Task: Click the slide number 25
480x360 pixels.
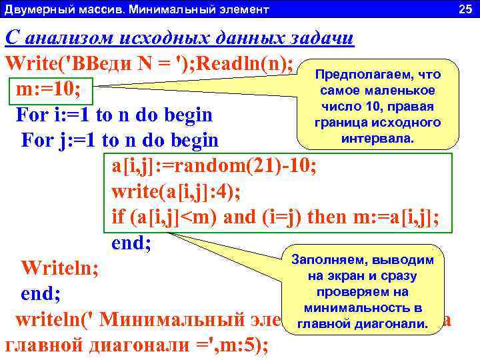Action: tap(465, 9)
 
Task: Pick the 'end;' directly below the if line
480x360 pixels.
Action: tap(131, 243)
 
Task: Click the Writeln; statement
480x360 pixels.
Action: tap(60, 269)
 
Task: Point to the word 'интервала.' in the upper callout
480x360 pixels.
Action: tap(378, 139)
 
